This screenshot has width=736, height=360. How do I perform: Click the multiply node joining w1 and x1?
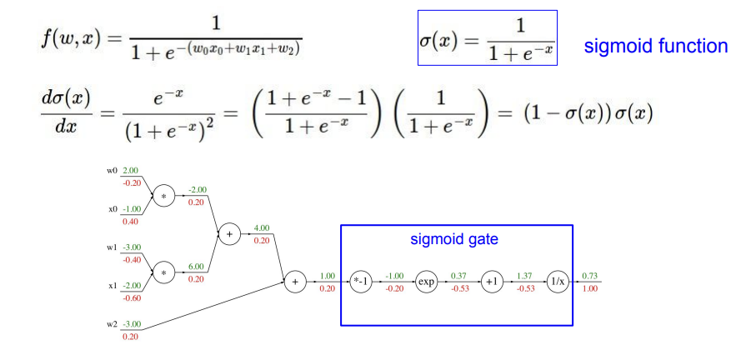pos(163,272)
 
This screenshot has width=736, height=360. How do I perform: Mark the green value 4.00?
pos(261,227)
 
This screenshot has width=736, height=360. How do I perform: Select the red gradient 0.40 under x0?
pos(132,221)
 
